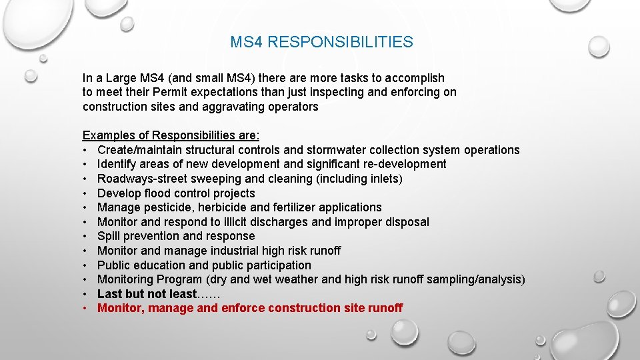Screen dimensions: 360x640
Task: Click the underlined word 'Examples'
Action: pos(107,135)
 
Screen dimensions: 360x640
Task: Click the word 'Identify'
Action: pos(117,164)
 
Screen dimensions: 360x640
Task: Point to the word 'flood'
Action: pos(157,193)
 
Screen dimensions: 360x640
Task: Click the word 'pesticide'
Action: pos(165,207)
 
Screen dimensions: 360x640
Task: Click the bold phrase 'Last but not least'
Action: pos(147,294)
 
